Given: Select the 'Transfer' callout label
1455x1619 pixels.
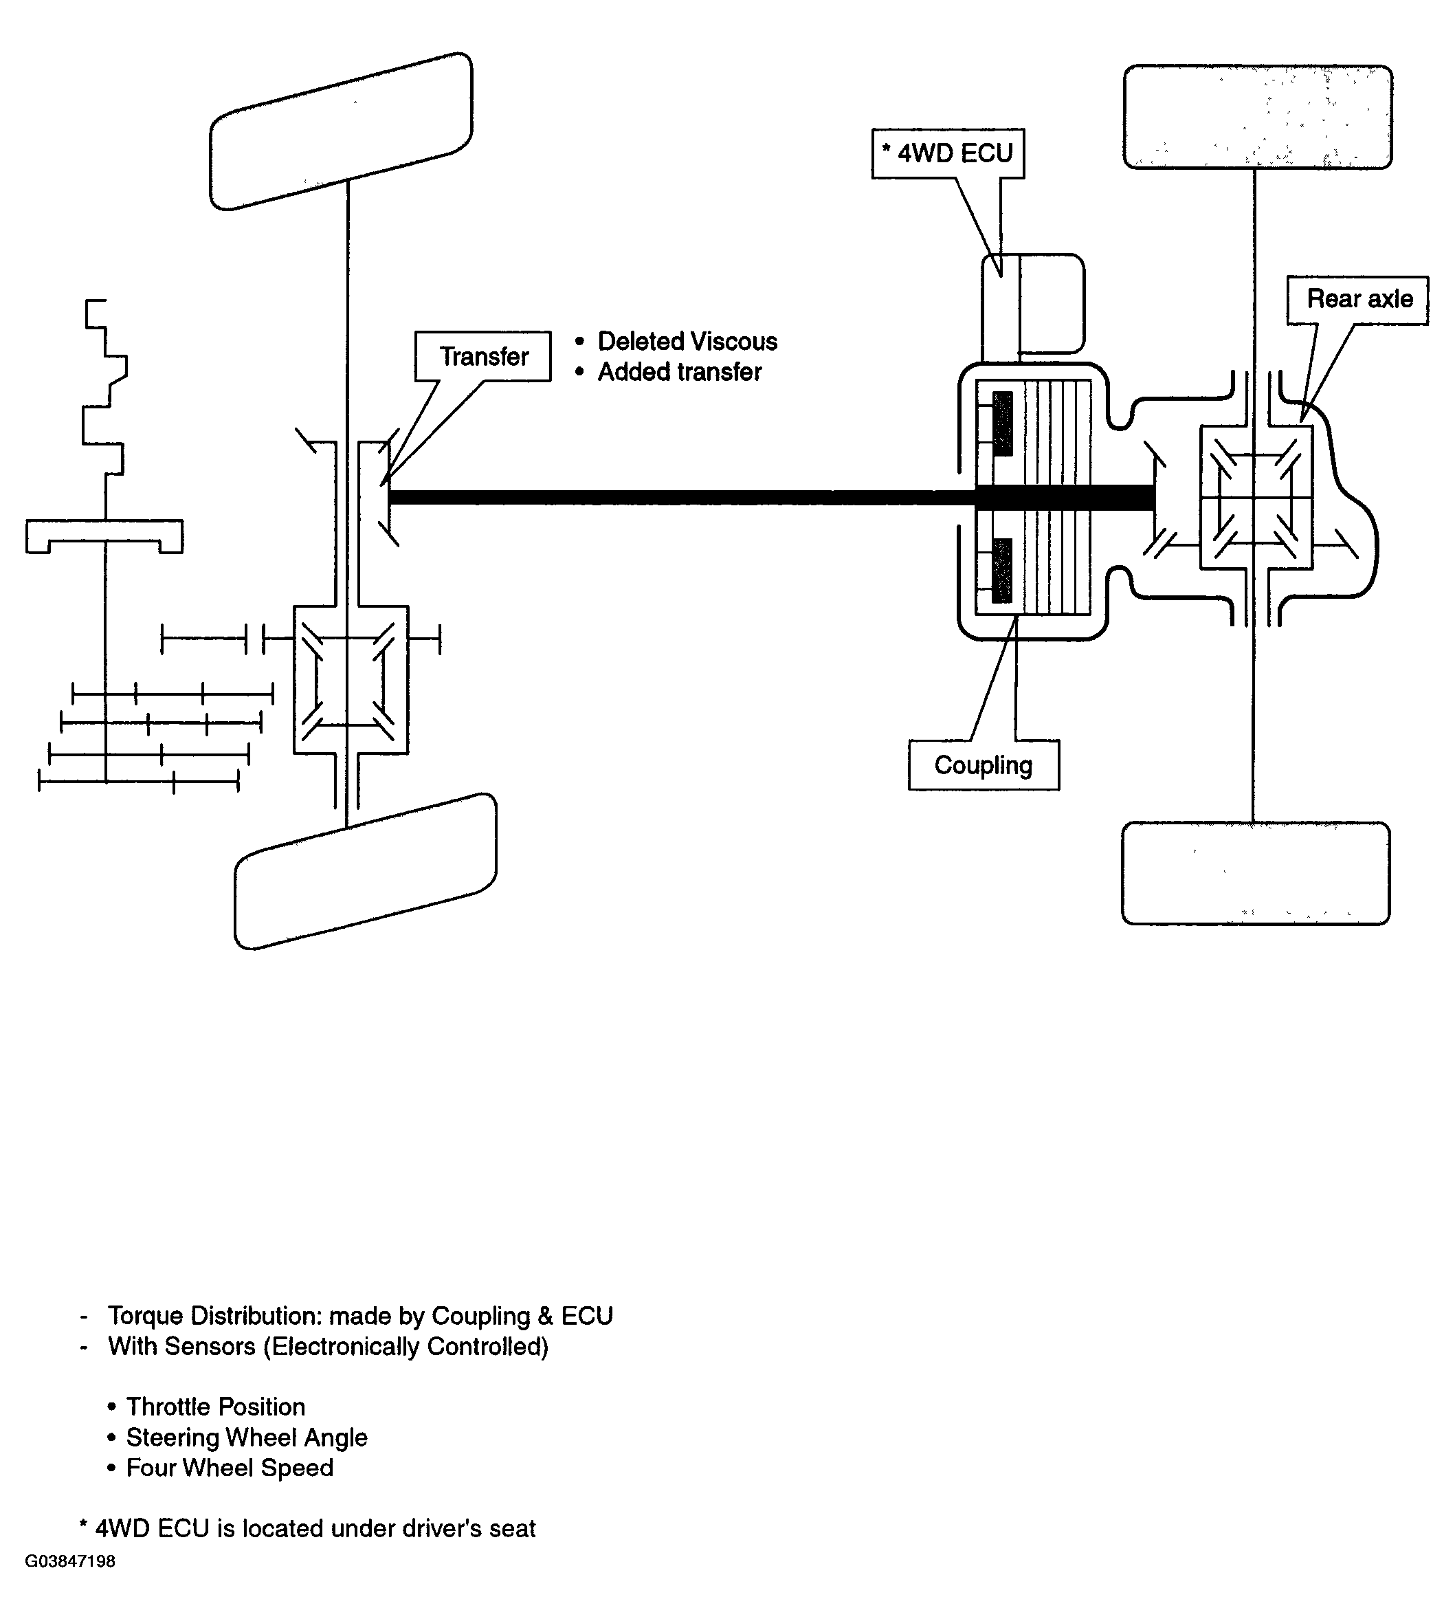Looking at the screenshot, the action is pos(483,357).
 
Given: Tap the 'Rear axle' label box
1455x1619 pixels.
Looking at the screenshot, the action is pos(1357,300).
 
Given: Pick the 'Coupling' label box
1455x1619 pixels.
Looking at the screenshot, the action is pos(984,765).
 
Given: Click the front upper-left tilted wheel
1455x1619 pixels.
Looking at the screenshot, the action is pos(342,131).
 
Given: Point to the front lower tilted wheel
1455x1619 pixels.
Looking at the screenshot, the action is pos(366,872).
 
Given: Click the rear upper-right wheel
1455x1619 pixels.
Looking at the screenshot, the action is pos(1258,117).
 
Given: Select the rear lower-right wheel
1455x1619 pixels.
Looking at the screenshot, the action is pos(1256,873).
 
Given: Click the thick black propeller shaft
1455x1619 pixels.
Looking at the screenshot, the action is pos(771,496).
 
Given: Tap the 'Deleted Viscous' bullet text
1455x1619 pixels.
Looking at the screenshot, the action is pos(687,342).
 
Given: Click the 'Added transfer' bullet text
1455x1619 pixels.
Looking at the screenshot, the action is pos(680,372).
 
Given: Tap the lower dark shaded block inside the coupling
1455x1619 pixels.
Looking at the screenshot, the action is pos(1001,571).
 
